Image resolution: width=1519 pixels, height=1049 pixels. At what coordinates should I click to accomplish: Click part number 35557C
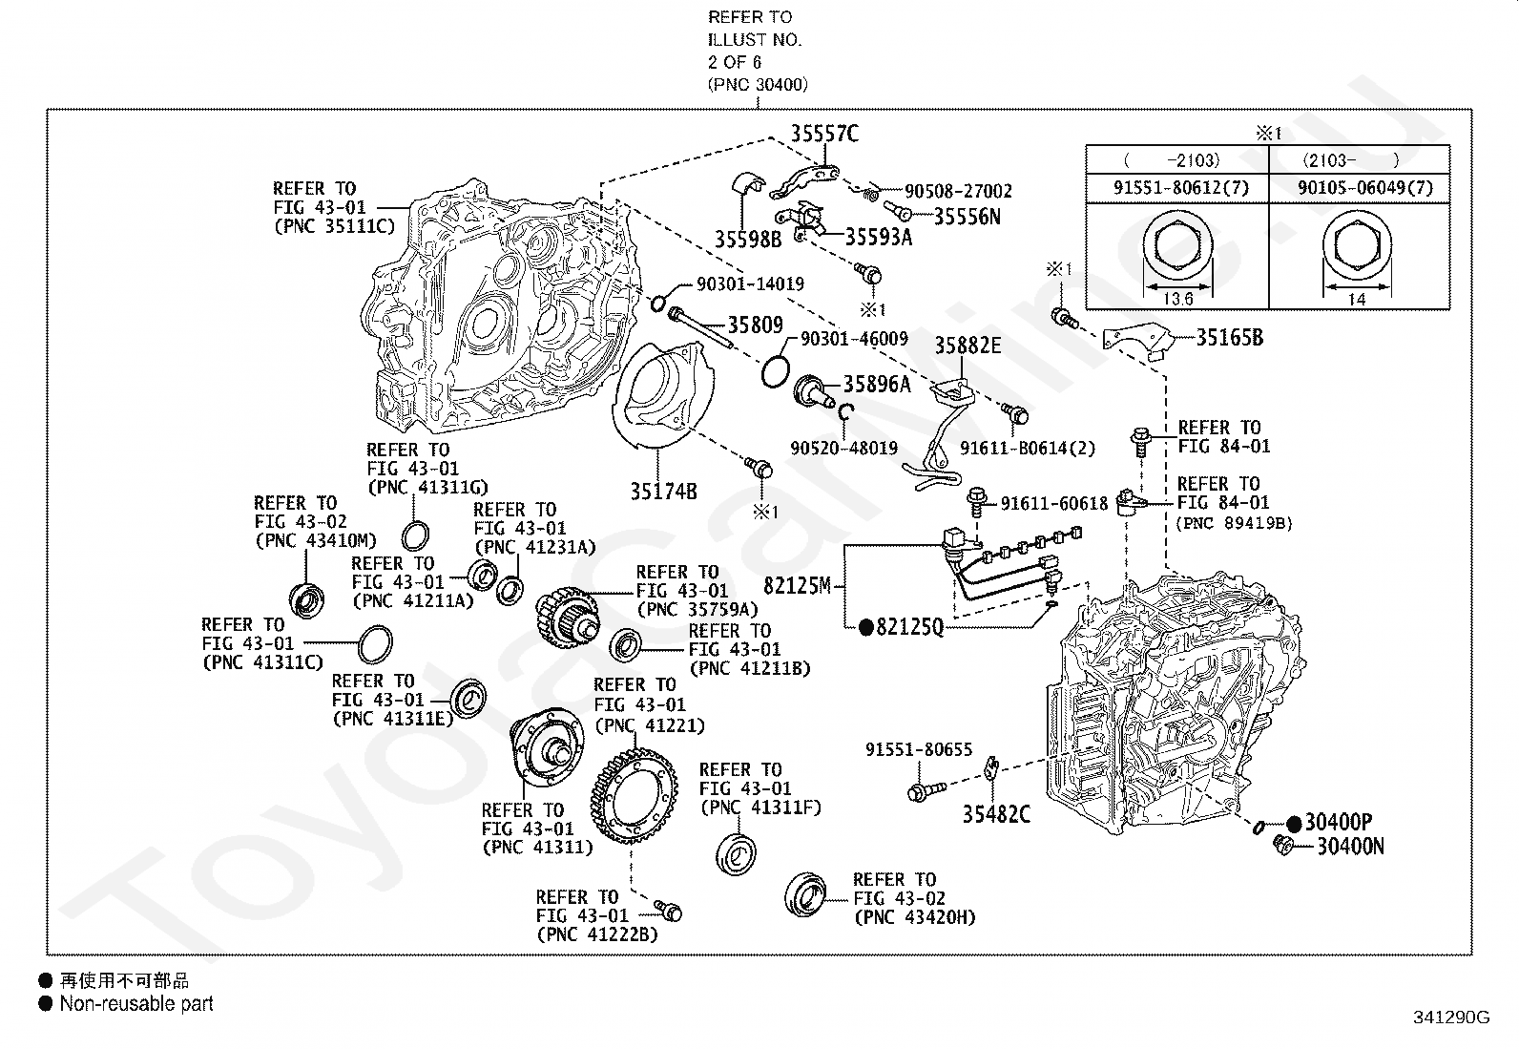[823, 134]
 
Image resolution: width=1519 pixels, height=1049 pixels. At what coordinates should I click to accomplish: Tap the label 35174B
[663, 492]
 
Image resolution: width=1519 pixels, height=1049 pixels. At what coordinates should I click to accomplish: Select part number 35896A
[876, 384]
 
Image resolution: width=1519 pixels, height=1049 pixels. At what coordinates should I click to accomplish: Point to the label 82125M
[797, 585]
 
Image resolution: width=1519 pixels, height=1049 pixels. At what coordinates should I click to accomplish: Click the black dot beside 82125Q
[866, 627]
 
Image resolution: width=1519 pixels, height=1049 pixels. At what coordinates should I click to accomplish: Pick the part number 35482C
[996, 814]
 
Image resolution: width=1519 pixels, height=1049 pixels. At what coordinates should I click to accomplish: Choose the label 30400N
[1350, 846]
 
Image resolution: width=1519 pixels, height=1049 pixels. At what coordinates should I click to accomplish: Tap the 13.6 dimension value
[1178, 299]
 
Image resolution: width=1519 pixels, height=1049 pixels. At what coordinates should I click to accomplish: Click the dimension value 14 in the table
[1356, 299]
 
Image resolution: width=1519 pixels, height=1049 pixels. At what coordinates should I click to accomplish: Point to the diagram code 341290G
[1450, 1018]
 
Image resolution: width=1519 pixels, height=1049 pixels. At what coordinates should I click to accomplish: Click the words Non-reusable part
[136, 1003]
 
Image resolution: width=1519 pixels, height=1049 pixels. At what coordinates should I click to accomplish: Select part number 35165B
[1229, 337]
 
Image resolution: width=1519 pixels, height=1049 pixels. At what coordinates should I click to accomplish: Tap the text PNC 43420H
[914, 917]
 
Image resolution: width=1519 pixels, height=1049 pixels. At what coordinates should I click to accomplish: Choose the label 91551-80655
[919, 750]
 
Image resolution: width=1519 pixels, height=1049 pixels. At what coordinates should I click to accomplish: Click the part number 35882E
[968, 346]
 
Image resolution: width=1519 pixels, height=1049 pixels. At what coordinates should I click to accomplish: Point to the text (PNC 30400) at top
[758, 84]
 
